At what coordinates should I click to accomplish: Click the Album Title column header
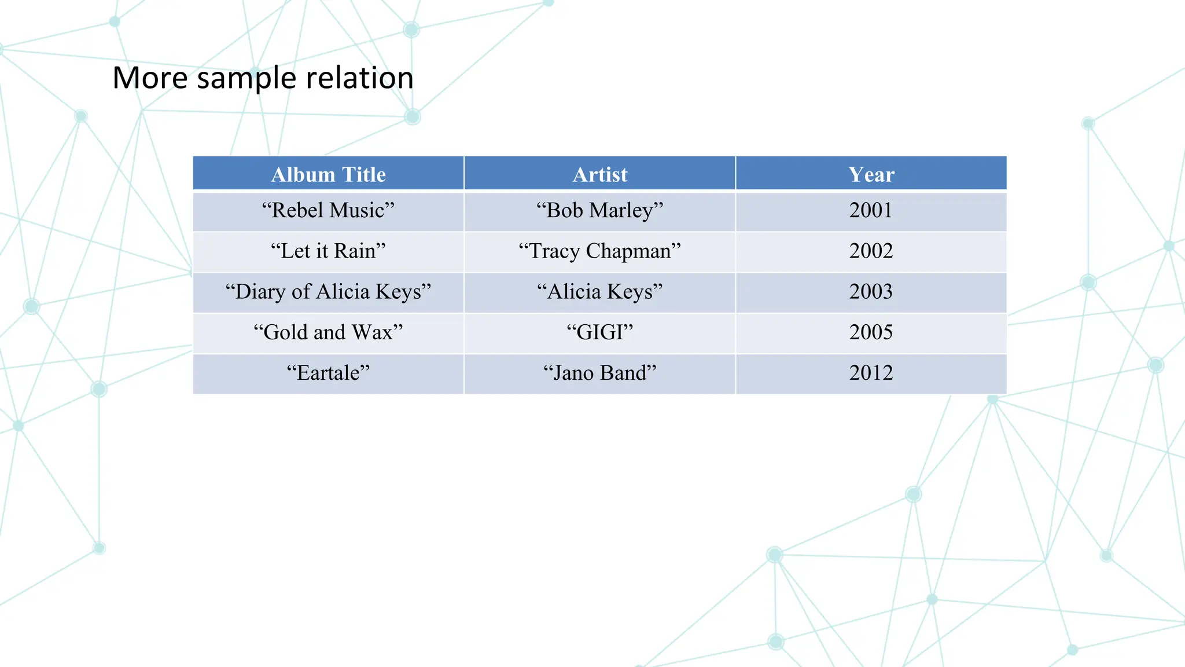coord(328,174)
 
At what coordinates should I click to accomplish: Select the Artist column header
coord(599,174)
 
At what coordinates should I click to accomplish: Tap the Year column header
coord(871,174)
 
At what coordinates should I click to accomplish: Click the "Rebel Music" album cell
coord(328,210)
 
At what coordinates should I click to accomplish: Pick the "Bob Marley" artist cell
coord(599,210)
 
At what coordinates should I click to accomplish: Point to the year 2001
coord(871,210)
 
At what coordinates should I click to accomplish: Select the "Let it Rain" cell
coord(328,251)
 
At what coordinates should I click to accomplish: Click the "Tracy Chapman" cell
coord(599,251)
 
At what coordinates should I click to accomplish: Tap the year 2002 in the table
coord(871,251)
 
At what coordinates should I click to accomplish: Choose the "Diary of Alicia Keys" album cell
coord(328,291)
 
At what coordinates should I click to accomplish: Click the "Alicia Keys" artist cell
coord(599,291)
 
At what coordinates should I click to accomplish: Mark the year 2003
coord(871,291)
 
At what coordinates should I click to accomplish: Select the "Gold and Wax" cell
coord(328,332)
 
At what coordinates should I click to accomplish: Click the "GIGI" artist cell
coord(599,332)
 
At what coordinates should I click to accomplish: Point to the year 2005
coord(871,332)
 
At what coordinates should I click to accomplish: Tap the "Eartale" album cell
coord(328,373)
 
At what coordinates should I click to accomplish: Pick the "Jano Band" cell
coord(599,373)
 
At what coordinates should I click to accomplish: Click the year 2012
coord(871,373)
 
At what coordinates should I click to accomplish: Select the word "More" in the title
coord(150,78)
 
